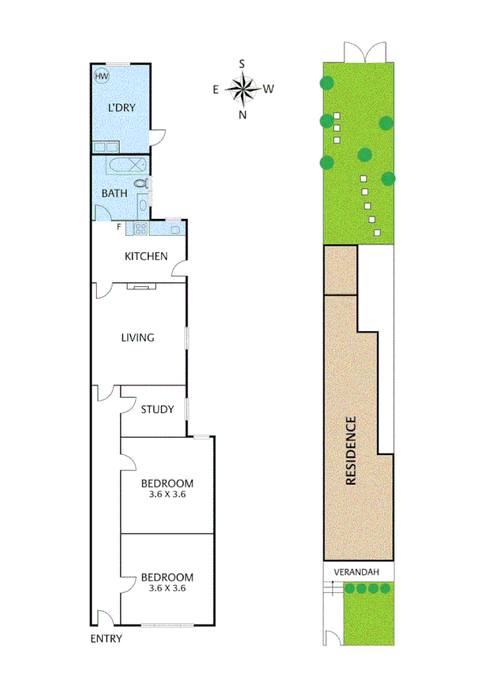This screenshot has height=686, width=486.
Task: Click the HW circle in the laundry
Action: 102,77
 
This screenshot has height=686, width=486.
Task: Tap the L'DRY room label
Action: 122,107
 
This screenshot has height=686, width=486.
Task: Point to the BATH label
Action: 113,194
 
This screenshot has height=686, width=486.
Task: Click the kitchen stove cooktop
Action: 138,229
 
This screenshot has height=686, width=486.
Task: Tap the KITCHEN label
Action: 146,257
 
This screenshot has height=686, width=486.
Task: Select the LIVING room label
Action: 137,338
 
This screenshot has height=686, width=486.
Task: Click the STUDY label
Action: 157,409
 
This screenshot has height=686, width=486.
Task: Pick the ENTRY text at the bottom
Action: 106,639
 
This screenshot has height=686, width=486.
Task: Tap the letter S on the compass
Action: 242,62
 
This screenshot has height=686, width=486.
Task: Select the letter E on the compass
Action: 216,90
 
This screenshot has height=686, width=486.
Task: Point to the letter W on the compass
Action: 268,89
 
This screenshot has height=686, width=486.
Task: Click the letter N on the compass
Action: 242,115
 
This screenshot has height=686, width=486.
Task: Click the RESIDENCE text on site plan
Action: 351,450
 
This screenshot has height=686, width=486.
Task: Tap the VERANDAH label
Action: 358,572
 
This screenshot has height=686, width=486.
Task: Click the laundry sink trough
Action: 104,148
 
